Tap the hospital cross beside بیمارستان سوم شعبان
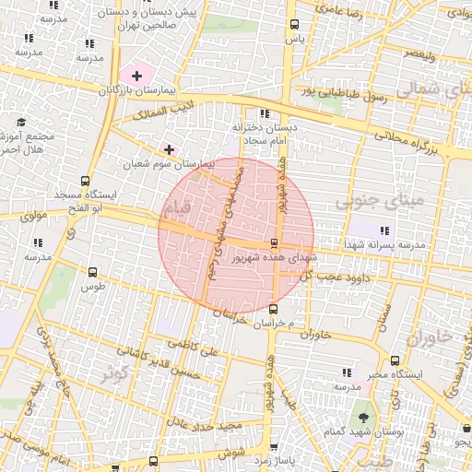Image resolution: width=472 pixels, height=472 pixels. point(169,148)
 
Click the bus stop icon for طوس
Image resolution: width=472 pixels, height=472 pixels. point(92,272)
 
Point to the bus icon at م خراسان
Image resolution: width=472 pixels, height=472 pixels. point(273,308)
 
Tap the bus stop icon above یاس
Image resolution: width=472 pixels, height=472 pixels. point(294,25)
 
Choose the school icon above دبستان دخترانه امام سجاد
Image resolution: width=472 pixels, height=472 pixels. point(265,113)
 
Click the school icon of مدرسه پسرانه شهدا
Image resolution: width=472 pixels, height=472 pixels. point(384,230)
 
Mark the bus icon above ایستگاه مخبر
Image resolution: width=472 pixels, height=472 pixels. point(395,361)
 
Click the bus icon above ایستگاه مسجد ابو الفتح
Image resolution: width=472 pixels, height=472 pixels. point(86,181)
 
